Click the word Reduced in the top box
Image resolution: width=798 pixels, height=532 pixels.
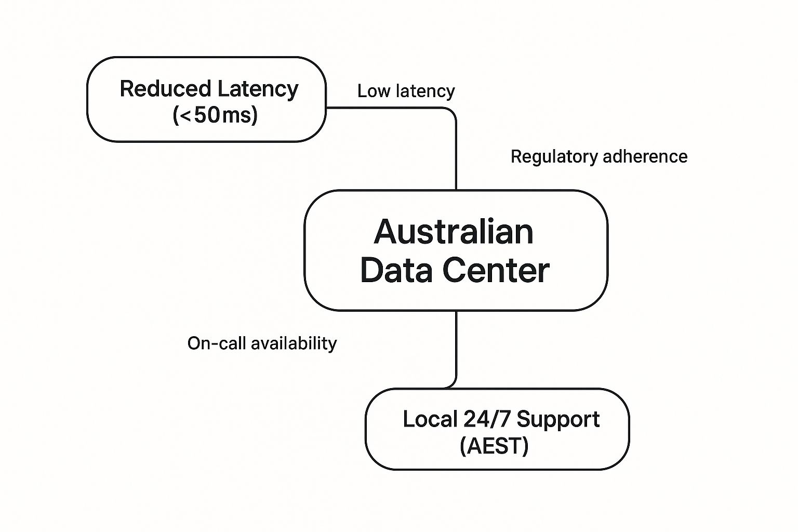pyautogui.click(x=165, y=89)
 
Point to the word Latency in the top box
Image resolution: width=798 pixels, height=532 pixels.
pyautogui.click(x=258, y=89)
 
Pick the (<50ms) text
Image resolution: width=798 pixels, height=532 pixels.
pyautogui.click(x=215, y=115)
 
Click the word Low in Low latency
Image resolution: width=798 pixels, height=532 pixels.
pyautogui.click(x=374, y=91)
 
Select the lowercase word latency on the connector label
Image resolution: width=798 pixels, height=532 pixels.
pyautogui.click(x=425, y=91)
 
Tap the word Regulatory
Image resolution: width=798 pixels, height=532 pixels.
pyautogui.click(x=552, y=157)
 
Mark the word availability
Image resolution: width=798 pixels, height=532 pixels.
pyautogui.click(x=294, y=343)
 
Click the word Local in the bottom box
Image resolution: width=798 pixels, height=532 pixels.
pyautogui.click(x=430, y=419)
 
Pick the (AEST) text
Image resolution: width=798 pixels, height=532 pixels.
pyautogui.click(x=494, y=446)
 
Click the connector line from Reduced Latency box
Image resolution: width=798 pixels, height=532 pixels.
pyautogui.click(x=456, y=151)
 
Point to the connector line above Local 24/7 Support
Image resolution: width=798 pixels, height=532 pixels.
pyautogui.click(x=456, y=348)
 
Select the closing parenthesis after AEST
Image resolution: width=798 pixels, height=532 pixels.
pyautogui.click(x=525, y=446)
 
